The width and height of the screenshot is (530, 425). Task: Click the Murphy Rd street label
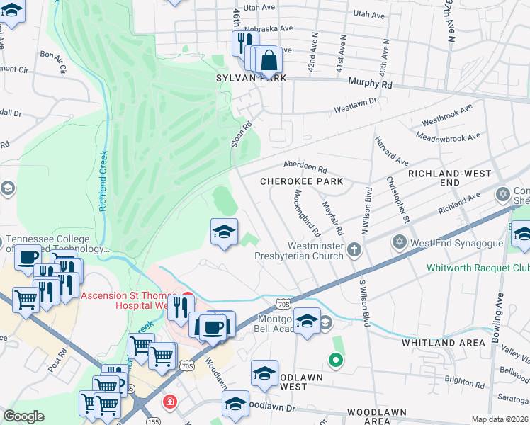click(x=370, y=84)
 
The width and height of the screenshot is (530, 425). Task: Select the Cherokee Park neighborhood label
click(x=301, y=181)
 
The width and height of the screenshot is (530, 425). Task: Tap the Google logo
click(x=23, y=416)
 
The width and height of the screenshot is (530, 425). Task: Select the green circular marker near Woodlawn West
click(x=337, y=361)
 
